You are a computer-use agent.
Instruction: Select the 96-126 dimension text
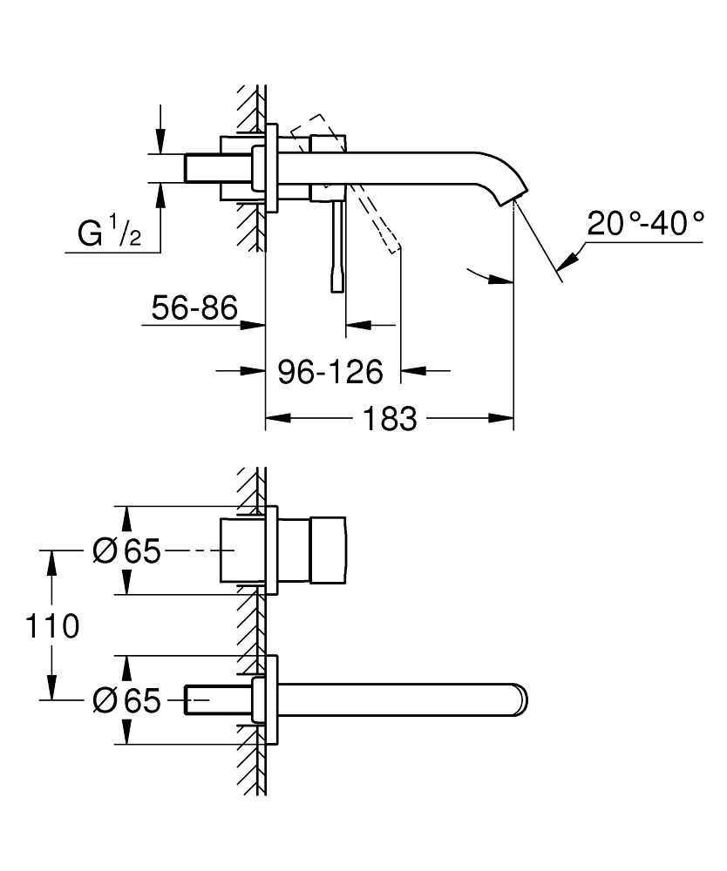point(330,372)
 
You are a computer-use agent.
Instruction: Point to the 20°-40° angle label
point(644,223)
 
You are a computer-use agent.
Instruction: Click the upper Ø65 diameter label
point(126,550)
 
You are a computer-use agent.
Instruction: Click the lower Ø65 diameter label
point(126,700)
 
